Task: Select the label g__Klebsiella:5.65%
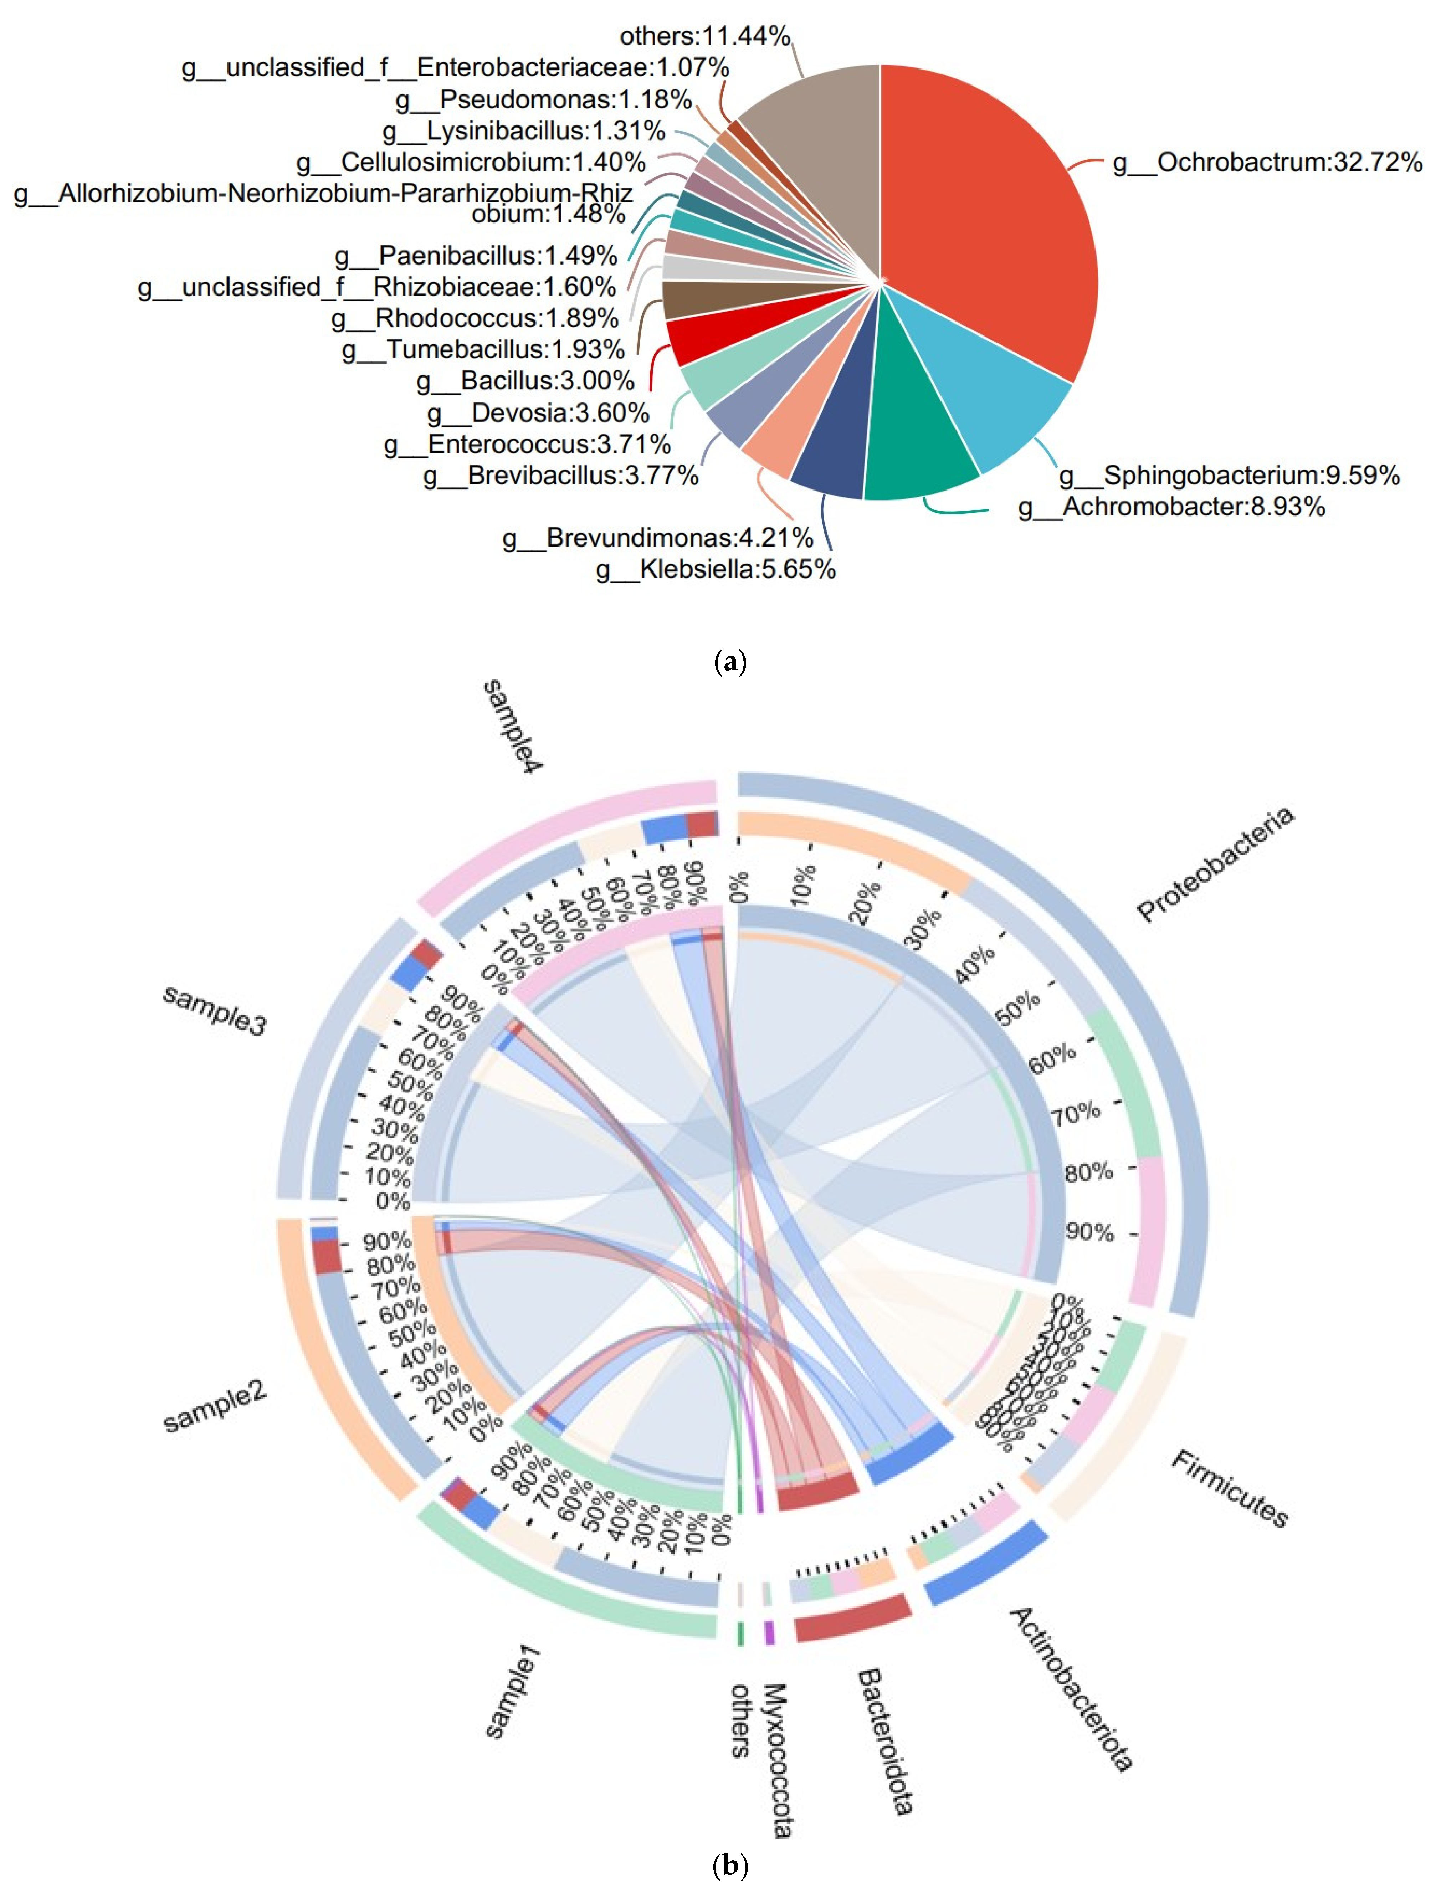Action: (x=716, y=569)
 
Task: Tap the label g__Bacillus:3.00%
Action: (x=525, y=381)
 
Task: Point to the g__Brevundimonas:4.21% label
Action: (x=657, y=538)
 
